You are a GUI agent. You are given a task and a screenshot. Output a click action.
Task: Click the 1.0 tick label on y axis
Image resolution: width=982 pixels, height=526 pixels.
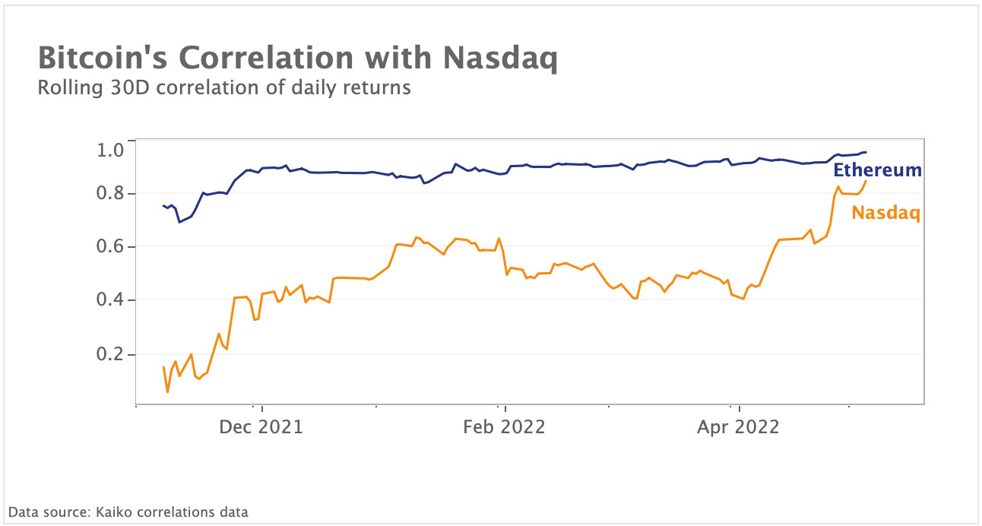tap(111, 151)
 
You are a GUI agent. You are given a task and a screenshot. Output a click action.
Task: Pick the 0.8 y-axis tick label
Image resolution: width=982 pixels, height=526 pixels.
tap(111, 195)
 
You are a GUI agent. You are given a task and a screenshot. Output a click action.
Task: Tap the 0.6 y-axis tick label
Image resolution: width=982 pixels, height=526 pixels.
tap(111, 248)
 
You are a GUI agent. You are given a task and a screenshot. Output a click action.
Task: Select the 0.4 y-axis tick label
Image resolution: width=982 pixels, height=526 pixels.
tap(111, 301)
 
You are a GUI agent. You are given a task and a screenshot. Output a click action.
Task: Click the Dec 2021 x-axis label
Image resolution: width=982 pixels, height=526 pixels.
tap(261, 427)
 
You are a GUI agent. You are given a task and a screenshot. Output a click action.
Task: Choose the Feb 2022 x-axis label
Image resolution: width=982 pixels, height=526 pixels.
tap(504, 427)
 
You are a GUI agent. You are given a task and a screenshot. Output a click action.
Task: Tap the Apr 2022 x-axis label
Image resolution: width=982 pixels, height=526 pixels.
tap(738, 427)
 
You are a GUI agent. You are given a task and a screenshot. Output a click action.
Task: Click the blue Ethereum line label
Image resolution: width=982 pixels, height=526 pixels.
tap(878, 170)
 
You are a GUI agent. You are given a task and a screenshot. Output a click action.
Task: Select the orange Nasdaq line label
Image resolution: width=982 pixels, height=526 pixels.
tap(886, 213)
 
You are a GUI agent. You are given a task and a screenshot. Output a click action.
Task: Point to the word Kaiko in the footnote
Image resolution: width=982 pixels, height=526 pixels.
tap(113, 512)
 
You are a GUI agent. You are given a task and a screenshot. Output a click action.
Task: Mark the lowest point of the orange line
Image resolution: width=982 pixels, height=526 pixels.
tap(167, 392)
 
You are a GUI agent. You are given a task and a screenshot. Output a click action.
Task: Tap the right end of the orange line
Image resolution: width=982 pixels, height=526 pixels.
tap(866, 180)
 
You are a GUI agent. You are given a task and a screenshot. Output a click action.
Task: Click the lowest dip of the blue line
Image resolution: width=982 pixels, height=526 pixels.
tap(179, 222)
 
